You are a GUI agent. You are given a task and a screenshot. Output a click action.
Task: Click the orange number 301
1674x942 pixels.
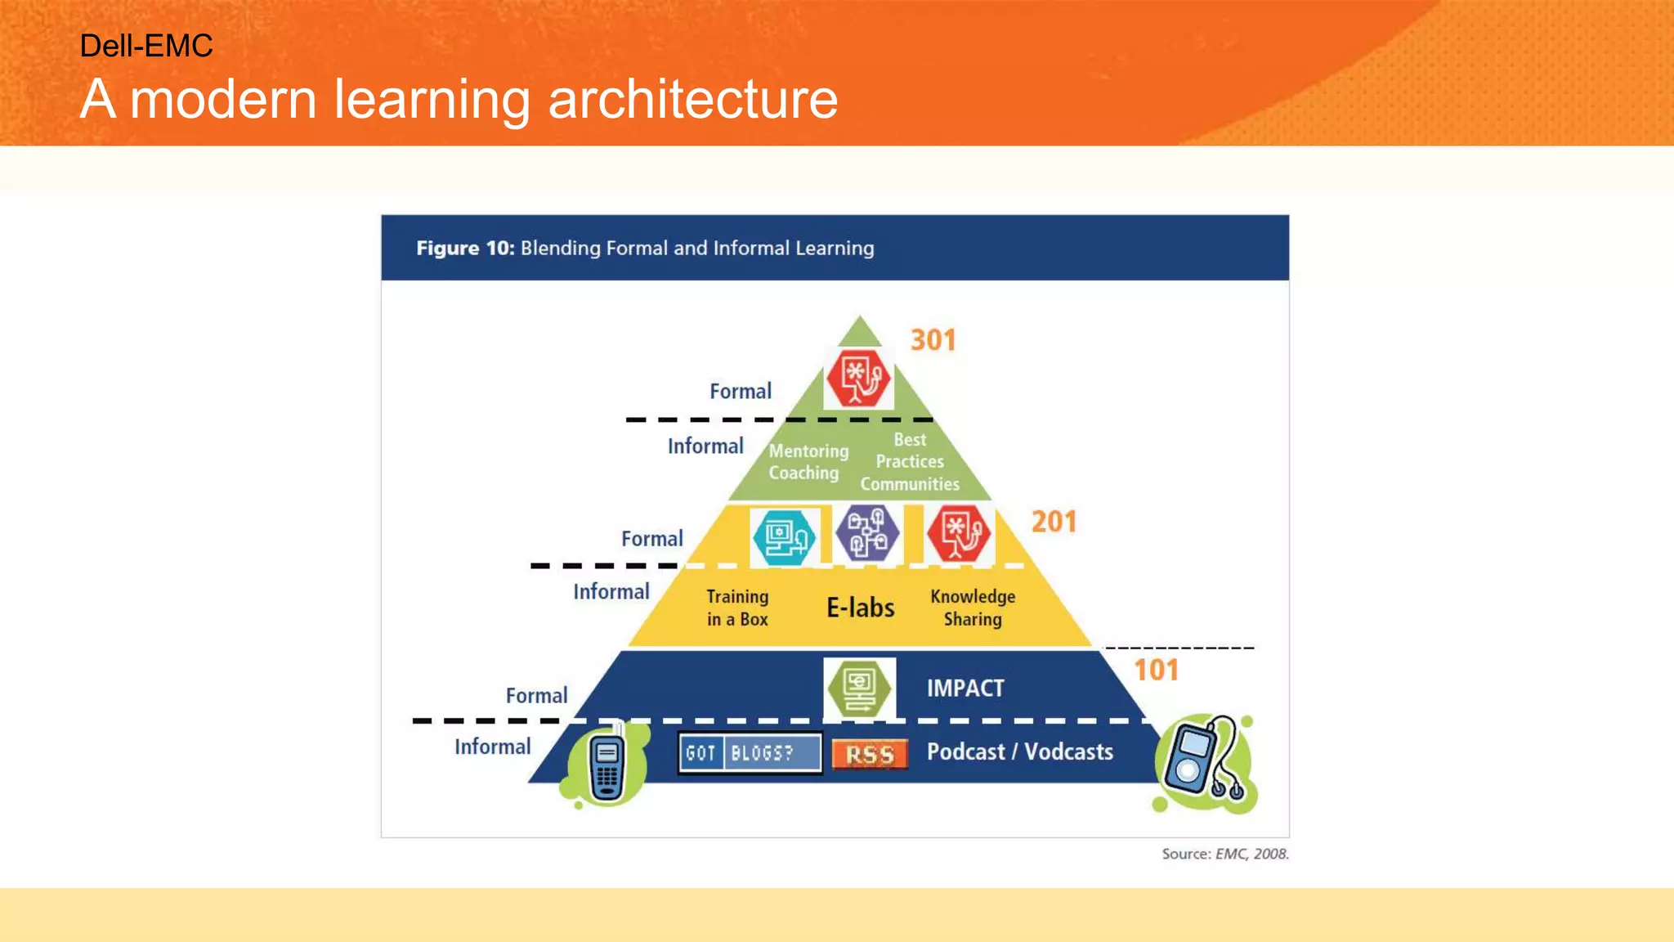[x=933, y=340]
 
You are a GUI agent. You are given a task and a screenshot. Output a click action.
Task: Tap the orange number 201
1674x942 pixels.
[x=1054, y=522]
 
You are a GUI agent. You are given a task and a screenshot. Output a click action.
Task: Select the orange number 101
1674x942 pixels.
[x=1156, y=671]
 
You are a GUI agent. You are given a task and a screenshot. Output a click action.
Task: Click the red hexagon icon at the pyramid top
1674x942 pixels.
[x=857, y=378]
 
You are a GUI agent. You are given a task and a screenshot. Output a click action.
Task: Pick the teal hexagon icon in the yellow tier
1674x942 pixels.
[x=784, y=537]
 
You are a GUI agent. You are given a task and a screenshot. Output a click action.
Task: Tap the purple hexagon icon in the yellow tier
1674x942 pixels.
[x=867, y=533]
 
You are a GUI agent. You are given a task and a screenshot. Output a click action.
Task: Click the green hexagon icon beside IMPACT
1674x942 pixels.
[x=859, y=689]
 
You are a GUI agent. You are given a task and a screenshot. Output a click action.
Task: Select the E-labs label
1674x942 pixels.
[x=860, y=608]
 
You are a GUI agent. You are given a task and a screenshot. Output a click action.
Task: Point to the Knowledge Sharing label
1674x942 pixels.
[x=973, y=608]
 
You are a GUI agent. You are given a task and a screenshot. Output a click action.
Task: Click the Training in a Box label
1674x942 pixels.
[x=737, y=608]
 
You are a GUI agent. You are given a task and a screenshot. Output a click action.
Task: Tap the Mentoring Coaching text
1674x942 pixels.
[x=808, y=462]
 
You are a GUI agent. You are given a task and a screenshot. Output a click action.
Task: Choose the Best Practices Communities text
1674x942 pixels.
[x=910, y=462]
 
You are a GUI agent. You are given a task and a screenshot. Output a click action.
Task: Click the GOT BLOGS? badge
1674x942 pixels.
[x=750, y=753]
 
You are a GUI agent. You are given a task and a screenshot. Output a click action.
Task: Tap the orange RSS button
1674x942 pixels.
[x=870, y=754]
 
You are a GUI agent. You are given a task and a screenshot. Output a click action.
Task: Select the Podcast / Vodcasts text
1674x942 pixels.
[x=1019, y=751]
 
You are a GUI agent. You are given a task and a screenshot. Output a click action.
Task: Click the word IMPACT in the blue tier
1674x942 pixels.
[x=965, y=689]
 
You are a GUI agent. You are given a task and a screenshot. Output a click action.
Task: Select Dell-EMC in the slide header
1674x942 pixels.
[x=146, y=46]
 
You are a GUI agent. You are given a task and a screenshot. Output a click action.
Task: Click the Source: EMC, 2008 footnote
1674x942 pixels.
[x=1224, y=854]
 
